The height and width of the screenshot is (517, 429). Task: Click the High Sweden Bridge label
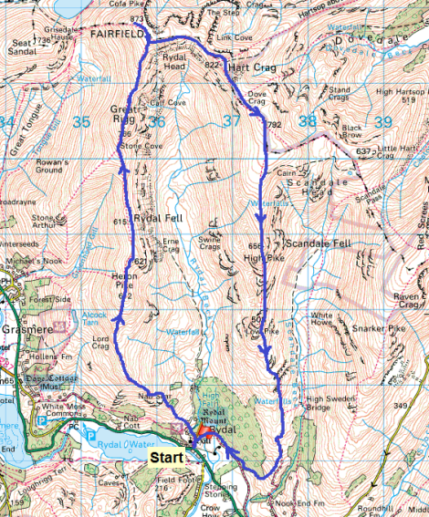tap(331, 405)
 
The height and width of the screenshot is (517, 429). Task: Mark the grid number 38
tap(308, 120)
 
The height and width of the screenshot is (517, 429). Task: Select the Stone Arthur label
tap(45, 222)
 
